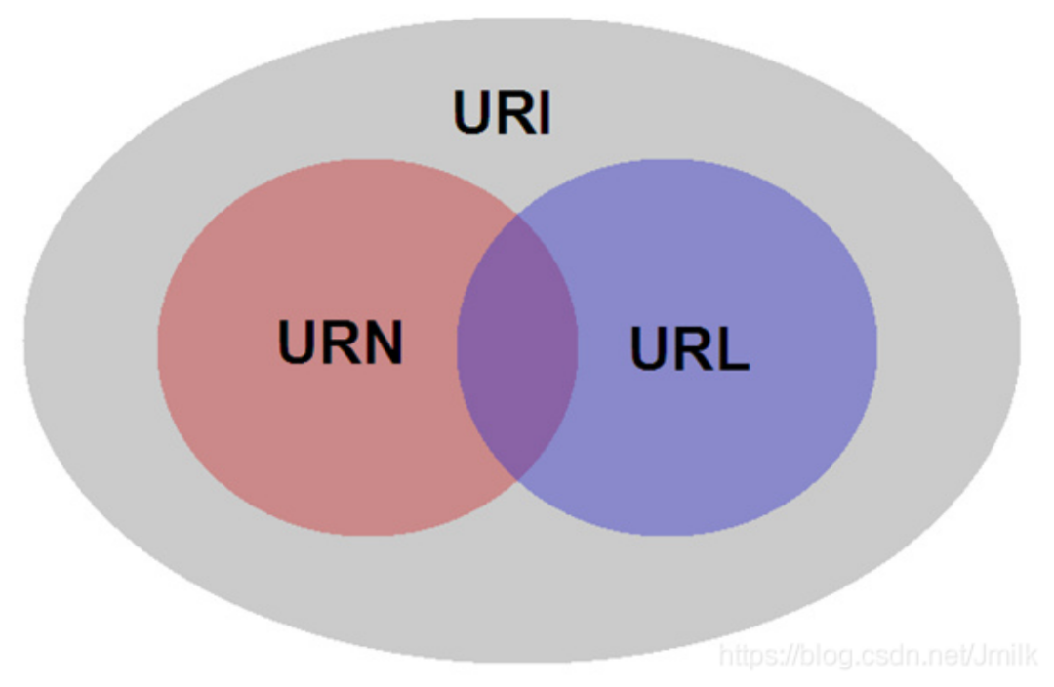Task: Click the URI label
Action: pyautogui.click(x=503, y=112)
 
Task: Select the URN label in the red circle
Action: pyautogui.click(x=341, y=342)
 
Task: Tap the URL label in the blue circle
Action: pyautogui.click(x=690, y=348)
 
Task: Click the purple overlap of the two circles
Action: pyautogui.click(x=517, y=346)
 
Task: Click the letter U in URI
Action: pyautogui.click(x=472, y=112)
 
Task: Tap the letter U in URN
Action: pyautogui.click(x=297, y=342)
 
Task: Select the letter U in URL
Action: pyautogui.click(x=649, y=348)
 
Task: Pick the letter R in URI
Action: pyautogui.click(x=514, y=112)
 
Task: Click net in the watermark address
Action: pyautogui.click(x=948, y=656)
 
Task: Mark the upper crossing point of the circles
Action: pyautogui.click(x=517, y=215)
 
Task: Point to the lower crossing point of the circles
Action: pyautogui.click(x=517, y=480)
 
